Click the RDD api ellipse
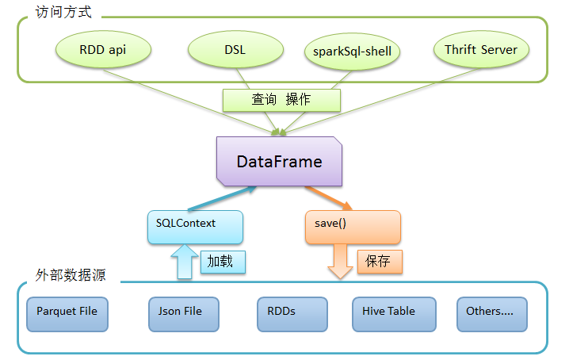click(x=103, y=49)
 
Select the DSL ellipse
click(x=235, y=49)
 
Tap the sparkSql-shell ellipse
click(x=352, y=52)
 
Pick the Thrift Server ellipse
click(x=481, y=49)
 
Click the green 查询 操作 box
click(x=281, y=100)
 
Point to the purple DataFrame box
click(x=279, y=161)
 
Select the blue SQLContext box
click(x=195, y=227)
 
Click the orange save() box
click(x=353, y=227)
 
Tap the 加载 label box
click(x=223, y=262)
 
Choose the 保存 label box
click(x=380, y=262)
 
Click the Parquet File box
click(x=67, y=314)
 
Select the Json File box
click(x=184, y=314)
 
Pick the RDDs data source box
click(x=292, y=314)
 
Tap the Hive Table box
click(x=394, y=314)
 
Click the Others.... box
click(x=492, y=314)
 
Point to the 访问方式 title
click(x=63, y=13)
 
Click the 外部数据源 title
click(x=71, y=275)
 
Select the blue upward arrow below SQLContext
click(x=185, y=262)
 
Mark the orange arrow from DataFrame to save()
click(x=329, y=198)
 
